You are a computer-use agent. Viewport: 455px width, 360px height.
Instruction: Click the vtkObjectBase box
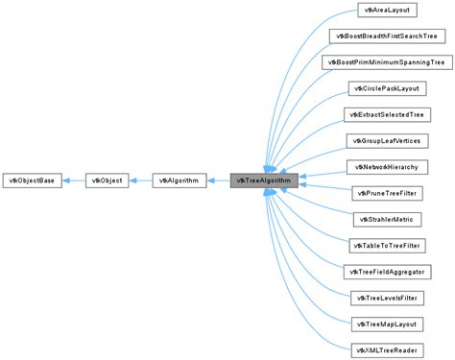[x=34, y=180]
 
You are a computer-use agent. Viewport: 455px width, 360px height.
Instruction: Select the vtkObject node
[x=108, y=180]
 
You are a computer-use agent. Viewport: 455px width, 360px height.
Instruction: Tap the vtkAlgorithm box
[x=180, y=180]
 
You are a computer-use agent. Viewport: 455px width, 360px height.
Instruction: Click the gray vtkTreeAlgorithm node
[x=265, y=180]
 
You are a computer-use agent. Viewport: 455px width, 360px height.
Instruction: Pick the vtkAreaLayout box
[x=385, y=10]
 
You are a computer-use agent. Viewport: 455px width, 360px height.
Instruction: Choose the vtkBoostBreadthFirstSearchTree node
[x=385, y=36]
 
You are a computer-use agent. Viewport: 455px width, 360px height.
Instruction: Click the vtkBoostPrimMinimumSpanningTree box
[x=385, y=62]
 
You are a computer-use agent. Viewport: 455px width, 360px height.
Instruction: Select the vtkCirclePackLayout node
[x=385, y=88]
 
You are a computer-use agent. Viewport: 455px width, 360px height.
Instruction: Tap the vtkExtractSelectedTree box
[x=385, y=114]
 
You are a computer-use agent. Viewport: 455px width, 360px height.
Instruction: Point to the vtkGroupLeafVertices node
[x=385, y=140]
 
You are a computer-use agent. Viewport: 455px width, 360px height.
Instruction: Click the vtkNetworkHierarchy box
[x=385, y=166]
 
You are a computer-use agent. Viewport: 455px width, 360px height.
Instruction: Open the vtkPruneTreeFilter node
[x=385, y=193]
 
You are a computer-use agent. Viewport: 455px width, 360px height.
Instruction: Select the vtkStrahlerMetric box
[x=385, y=219]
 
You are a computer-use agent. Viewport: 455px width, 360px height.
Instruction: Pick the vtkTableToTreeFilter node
[x=385, y=245]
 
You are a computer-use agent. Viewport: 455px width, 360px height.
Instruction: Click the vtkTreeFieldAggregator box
[x=385, y=271]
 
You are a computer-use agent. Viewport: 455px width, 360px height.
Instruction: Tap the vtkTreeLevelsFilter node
[x=385, y=298]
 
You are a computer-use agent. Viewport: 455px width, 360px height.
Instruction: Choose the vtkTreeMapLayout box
[x=385, y=324]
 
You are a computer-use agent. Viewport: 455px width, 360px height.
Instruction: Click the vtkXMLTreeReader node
[x=385, y=349]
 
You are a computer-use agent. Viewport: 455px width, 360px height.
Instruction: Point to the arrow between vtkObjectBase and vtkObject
[x=75, y=180]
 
